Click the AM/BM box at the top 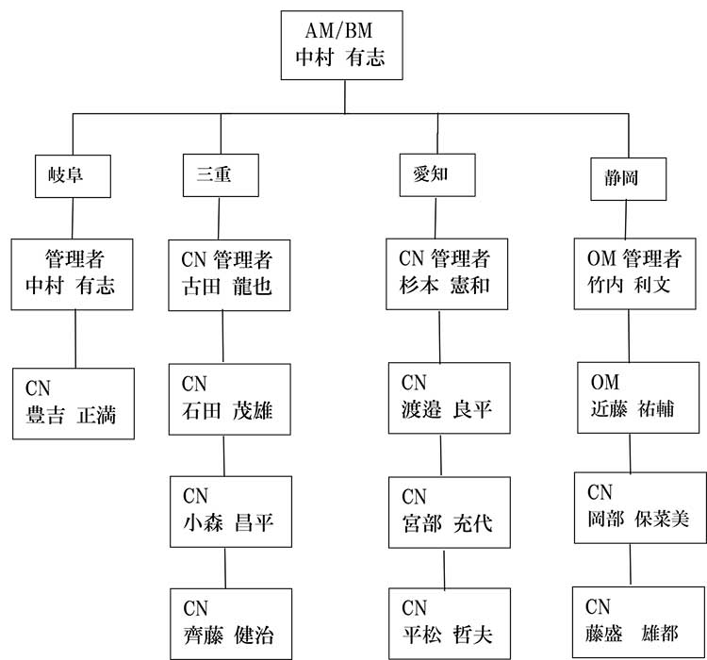coord(342,45)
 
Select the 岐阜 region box coord(73,176)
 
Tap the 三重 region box coord(221,175)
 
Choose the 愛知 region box coord(437,175)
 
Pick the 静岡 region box coord(629,179)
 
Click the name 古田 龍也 coord(227,287)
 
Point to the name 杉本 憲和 coord(444,285)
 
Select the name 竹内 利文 coord(629,285)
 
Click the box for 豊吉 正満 coord(74,404)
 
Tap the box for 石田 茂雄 coord(230,399)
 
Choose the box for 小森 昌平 coord(231,512)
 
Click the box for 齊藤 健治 coord(231,624)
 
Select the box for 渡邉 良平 coord(450,398)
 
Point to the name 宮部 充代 coord(447,523)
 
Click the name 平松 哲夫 coord(447,635)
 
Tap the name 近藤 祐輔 coord(633,408)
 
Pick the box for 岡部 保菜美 coord(640,507)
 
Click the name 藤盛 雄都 coord(632,634)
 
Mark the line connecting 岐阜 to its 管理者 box coord(73,219)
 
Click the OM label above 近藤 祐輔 coord(604,383)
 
